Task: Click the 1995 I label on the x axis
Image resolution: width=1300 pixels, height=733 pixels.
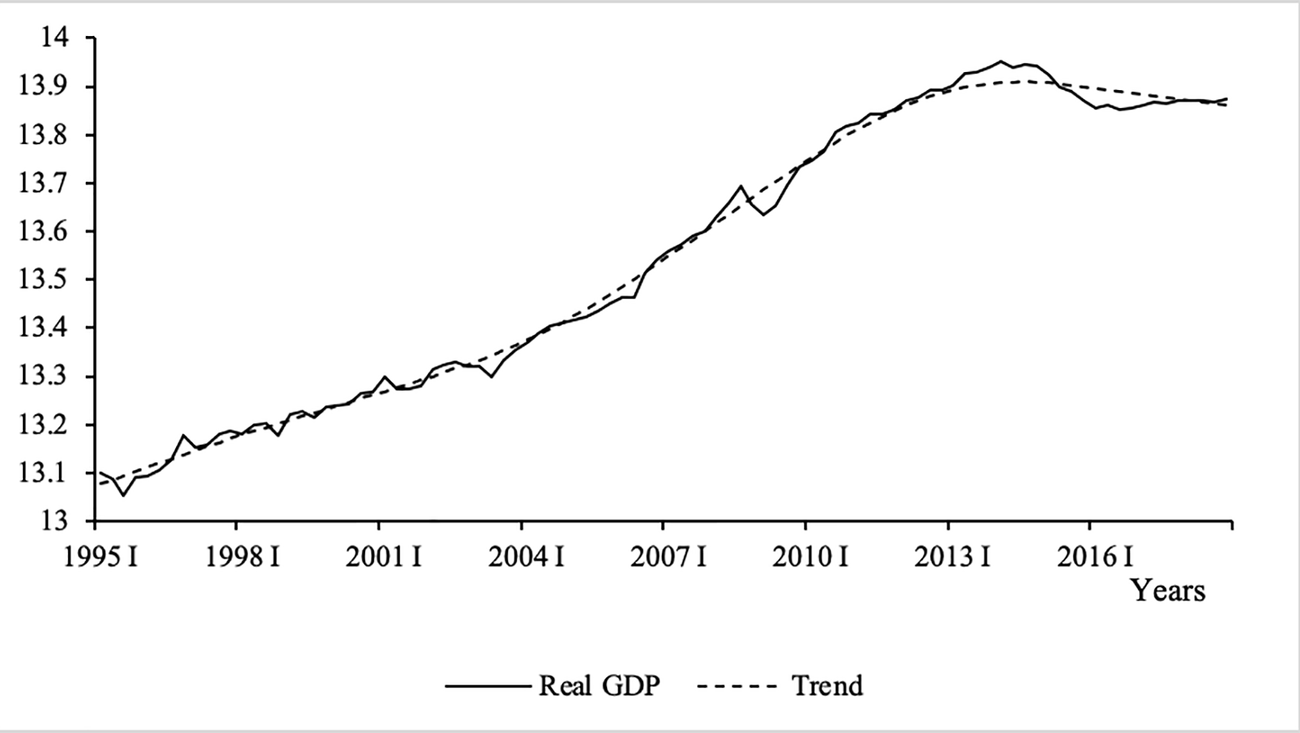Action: (x=100, y=558)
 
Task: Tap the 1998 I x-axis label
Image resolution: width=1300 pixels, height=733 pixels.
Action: (x=242, y=558)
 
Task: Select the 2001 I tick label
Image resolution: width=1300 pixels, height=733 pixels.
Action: (x=383, y=558)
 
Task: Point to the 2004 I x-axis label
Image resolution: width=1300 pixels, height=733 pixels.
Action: (x=526, y=558)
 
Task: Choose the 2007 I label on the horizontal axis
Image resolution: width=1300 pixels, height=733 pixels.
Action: (x=668, y=558)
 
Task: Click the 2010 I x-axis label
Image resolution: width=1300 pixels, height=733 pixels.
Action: (x=810, y=558)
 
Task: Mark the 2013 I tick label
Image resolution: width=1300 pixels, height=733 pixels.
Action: (x=952, y=558)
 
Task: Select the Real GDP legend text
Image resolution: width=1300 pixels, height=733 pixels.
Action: (x=599, y=685)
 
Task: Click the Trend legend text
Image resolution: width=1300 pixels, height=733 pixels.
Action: (x=827, y=685)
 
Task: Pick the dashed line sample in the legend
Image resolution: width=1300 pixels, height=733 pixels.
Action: (x=737, y=686)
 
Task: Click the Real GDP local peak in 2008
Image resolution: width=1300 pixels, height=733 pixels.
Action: (x=740, y=186)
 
